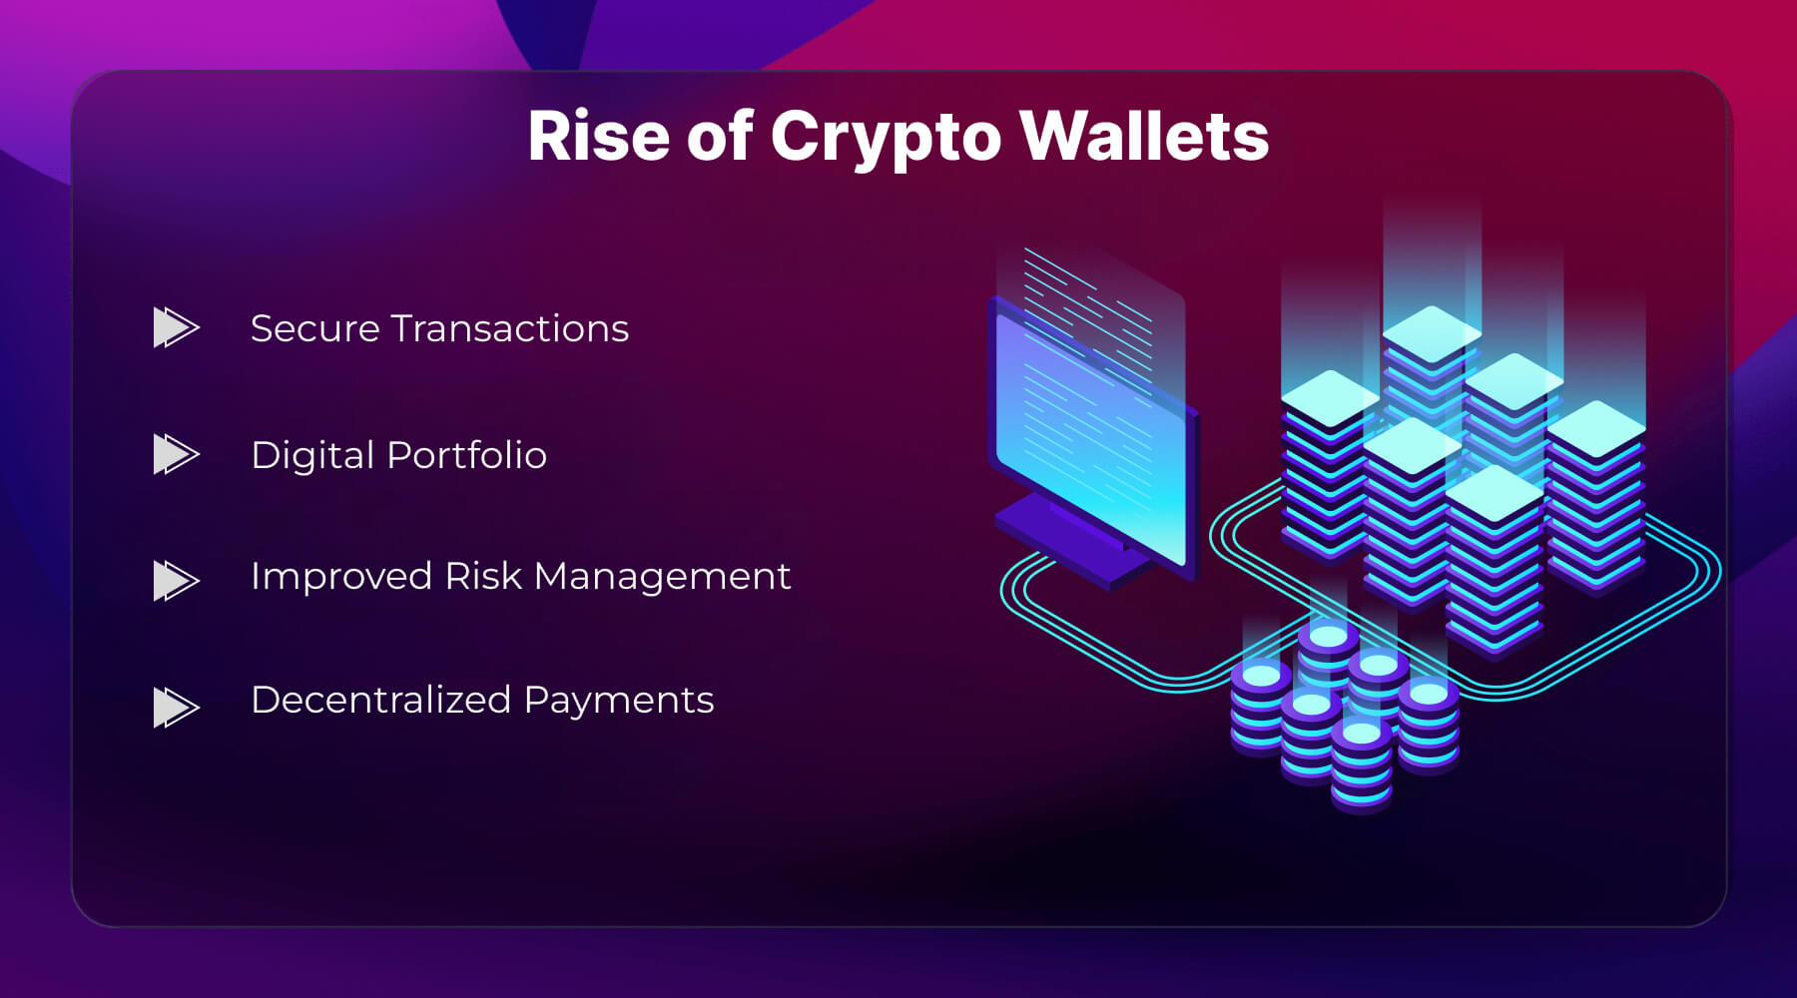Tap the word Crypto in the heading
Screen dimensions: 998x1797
point(886,138)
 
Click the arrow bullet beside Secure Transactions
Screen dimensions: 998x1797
point(176,327)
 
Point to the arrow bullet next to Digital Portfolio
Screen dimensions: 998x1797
point(176,454)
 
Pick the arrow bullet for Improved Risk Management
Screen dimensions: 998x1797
point(176,580)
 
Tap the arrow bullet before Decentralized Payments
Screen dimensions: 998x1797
point(176,707)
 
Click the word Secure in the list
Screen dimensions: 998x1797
point(314,328)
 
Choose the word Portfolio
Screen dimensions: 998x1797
point(466,455)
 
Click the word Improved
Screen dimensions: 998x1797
point(340,577)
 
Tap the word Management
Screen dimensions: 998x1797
point(662,577)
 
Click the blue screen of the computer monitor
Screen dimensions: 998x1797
point(1093,439)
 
